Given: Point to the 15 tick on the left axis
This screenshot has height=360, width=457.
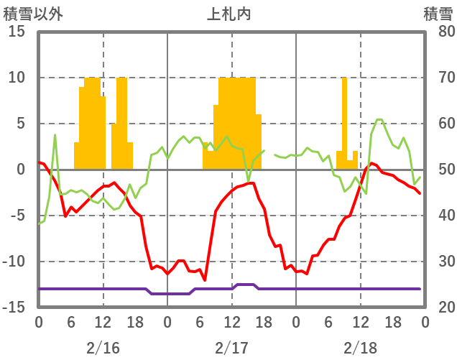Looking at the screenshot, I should [17, 32].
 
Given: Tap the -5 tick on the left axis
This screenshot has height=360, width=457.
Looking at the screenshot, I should [17, 216].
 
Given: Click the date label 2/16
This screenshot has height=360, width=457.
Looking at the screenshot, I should [103, 348].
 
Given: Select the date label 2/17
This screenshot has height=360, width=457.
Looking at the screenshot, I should [231, 348].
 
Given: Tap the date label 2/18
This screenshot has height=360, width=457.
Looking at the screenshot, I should [361, 348].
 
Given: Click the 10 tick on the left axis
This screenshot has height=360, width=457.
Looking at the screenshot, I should [17, 78].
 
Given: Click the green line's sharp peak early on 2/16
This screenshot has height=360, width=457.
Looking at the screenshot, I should [55, 135].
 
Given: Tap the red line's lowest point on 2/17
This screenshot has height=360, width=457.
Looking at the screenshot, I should [205, 280].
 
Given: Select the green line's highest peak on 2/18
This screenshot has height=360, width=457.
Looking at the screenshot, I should [379, 119].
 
